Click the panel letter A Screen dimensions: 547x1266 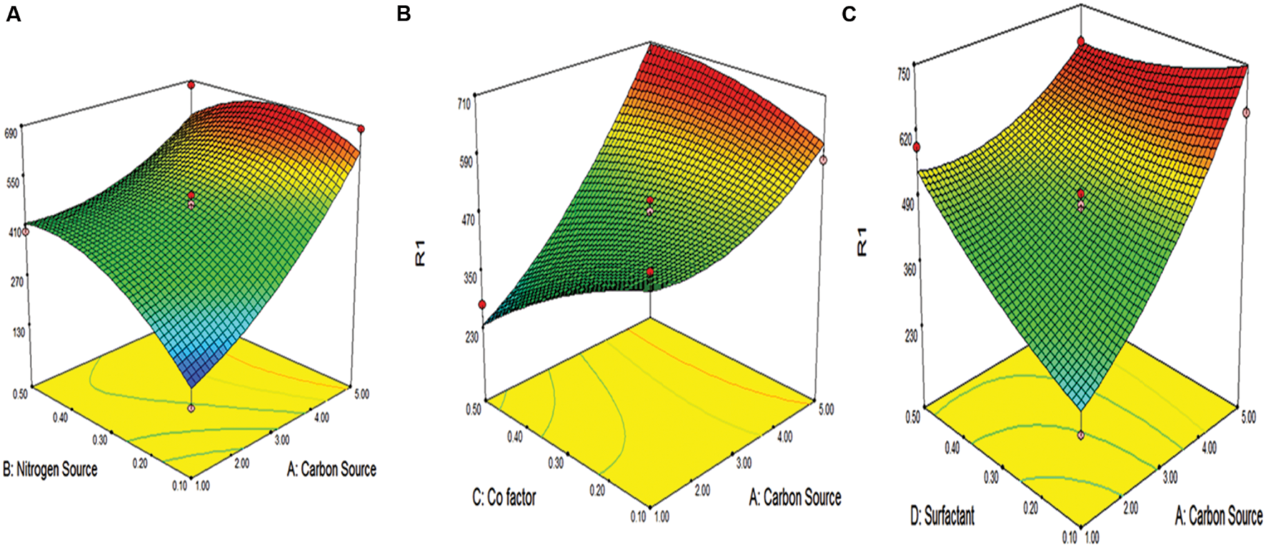click(x=13, y=14)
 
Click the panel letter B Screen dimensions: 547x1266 click(x=404, y=14)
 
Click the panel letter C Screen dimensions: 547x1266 click(x=849, y=14)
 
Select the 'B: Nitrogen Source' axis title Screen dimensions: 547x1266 click(x=50, y=469)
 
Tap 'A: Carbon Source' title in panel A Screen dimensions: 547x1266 click(x=332, y=469)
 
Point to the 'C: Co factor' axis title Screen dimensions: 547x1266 click(x=504, y=497)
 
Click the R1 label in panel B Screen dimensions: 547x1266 click(x=421, y=255)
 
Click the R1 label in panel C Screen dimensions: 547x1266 click(x=862, y=241)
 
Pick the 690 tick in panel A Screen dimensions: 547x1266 click(x=11, y=133)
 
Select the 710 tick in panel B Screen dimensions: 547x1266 click(x=464, y=104)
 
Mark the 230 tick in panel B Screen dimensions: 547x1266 click(x=471, y=338)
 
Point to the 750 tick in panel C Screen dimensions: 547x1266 click(x=904, y=74)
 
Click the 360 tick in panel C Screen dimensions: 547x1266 click(x=910, y=269)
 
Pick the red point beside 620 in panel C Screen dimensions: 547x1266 click(x=917, y=147)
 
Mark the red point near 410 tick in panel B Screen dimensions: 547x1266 click(x=482, y=305)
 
